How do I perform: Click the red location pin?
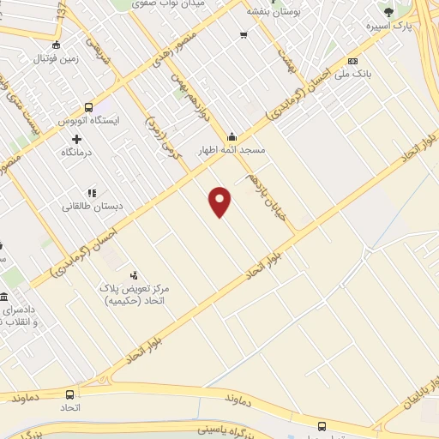pyautogui.click(x=220, y=201)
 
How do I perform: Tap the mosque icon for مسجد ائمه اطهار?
pyautogui.click(x=232, y=136)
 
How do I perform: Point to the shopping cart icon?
pyautogui.click(x=244, y=34)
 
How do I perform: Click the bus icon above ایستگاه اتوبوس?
pyautogui.click(x=88, y=107)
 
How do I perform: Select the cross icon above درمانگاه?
pyautogui.click(x=77, y=139)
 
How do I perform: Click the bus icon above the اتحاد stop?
pyautogui.click(x=69, y=394)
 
